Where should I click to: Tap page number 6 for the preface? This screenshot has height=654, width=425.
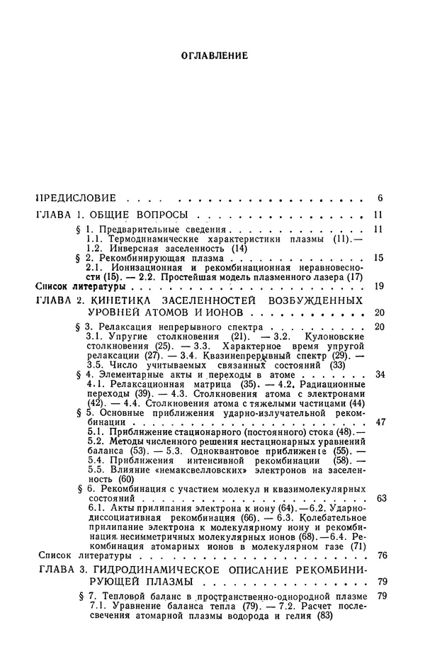[380, 196]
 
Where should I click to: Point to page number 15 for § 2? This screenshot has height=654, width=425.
[378, 258]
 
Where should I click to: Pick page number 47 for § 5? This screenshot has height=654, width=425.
[378, 441]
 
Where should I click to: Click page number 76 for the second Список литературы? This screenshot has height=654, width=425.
[380, 575]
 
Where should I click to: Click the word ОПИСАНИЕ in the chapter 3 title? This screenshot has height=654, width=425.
[255, 591]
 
